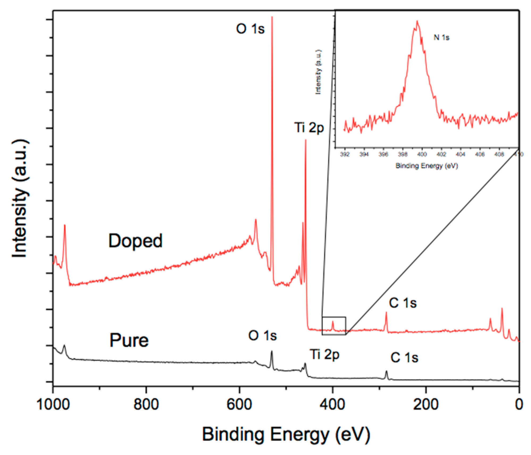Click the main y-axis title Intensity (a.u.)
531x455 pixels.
(x=20, y=198)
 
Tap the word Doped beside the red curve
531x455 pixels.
(x=135, y=241)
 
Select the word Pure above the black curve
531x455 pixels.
(x=129, y=340)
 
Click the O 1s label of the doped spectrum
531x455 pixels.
(x=250, y=28)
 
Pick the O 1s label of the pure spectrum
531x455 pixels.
(x=262, y=336)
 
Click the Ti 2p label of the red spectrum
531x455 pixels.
(x=309, y=127)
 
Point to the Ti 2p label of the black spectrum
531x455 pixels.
(x=324, y=355)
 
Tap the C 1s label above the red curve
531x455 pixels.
(x=403, y=303)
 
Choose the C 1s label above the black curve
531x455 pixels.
(x=404, y=358)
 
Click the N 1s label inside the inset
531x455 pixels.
(x=441, y=38)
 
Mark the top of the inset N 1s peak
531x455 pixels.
(x=417, y=21)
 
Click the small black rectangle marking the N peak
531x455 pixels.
(x=334, y=326)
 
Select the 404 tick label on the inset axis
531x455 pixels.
(x=460, y=154)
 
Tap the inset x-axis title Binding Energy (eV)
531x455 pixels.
(x=427, y=166)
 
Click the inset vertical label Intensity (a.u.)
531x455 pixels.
(x=318, y=72)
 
